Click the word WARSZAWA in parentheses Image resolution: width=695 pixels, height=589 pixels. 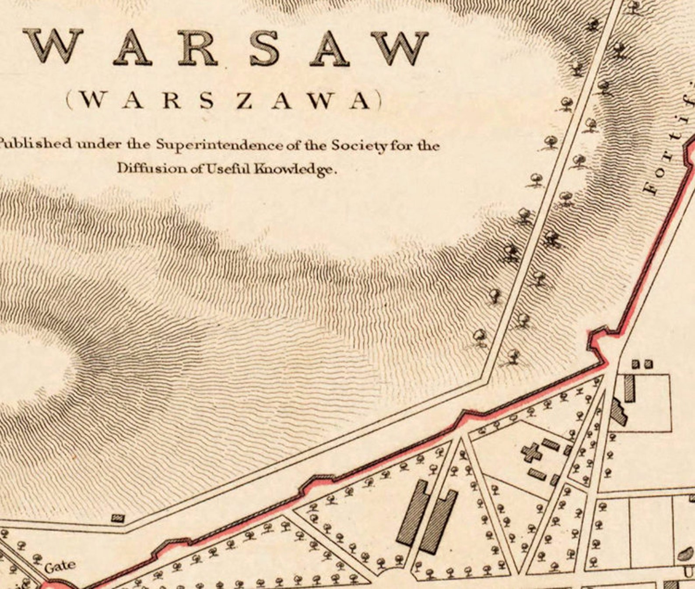click(224, 101)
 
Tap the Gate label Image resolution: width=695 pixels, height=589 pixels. click(60, 567)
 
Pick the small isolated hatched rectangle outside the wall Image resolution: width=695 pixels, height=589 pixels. click(118, 518)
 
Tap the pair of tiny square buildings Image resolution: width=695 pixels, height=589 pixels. click(642, 364)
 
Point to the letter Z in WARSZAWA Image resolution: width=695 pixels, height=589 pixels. click(245, 101)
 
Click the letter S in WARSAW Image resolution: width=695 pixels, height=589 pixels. click(265, 47)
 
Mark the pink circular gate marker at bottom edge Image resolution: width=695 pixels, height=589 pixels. click(55, 585)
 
